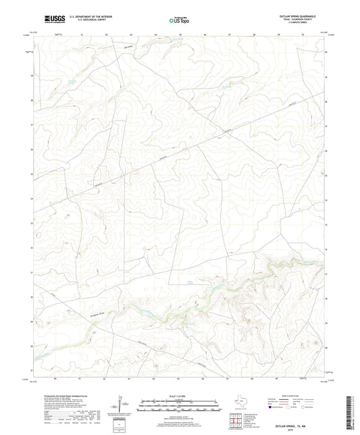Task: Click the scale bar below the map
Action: [179, 407]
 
